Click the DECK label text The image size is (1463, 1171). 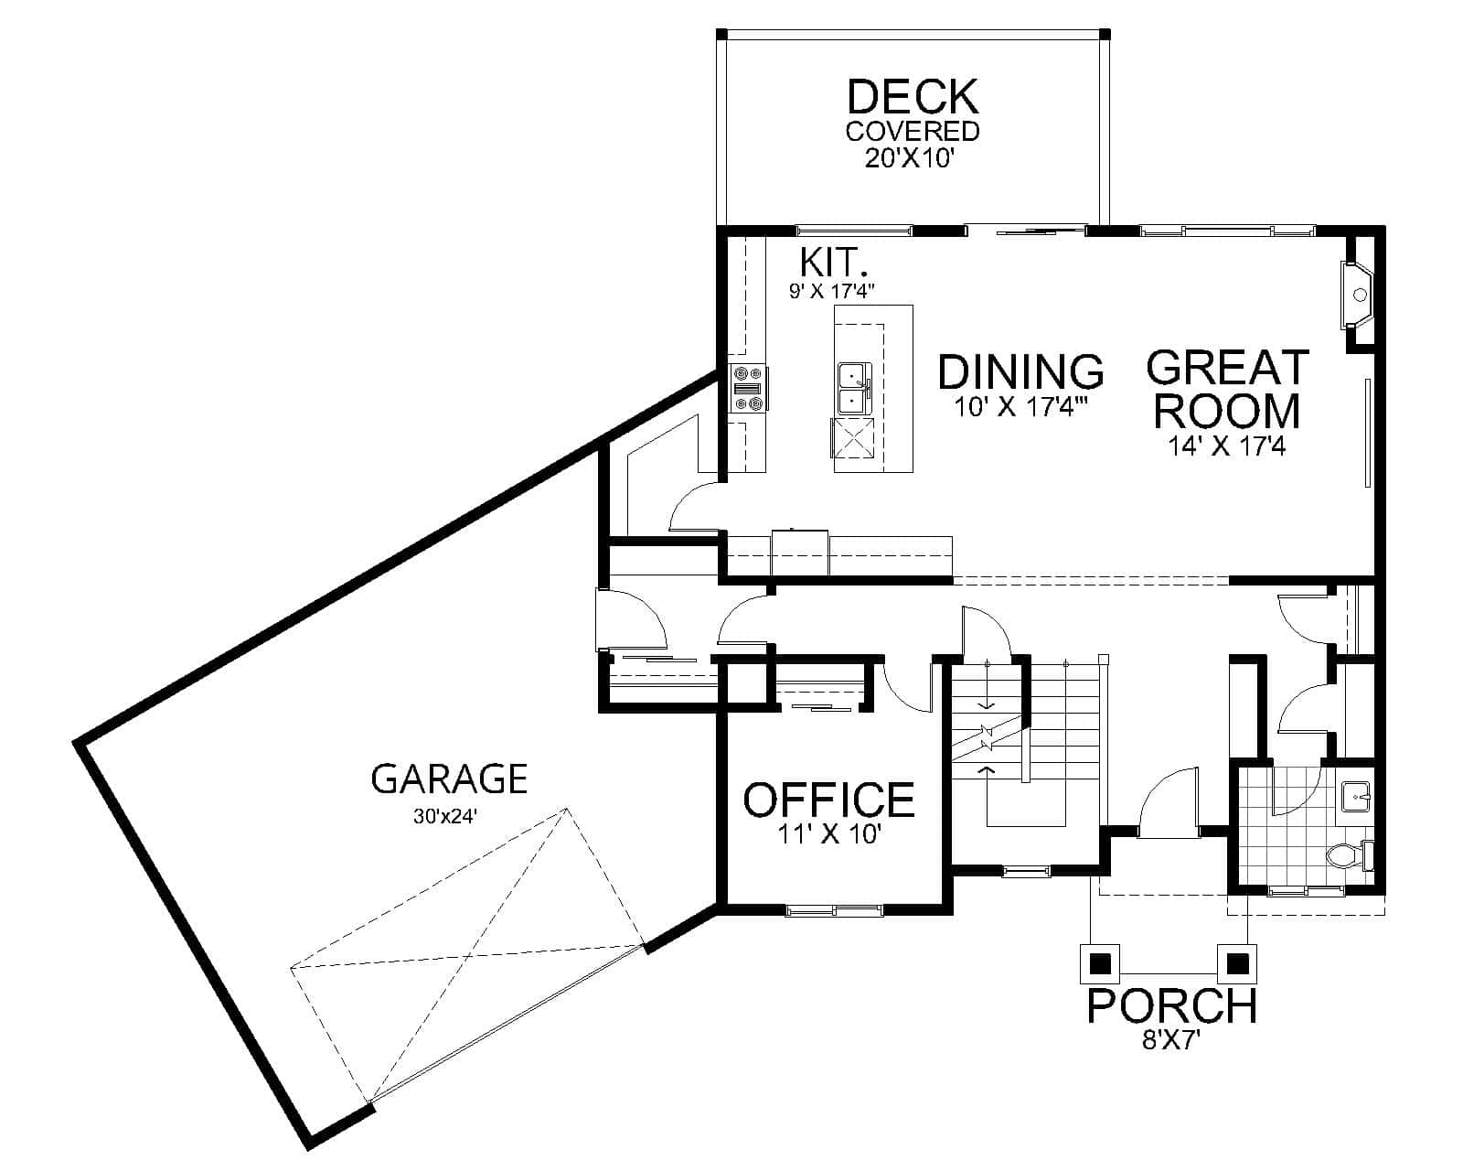pos(913,97)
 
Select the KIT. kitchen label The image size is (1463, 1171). pos(833,263)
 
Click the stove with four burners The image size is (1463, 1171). pos(748,388)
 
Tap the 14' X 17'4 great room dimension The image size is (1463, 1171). pos(1225,446)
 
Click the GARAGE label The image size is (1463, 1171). pos(449,779)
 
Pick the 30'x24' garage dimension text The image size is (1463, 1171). pos(446,817)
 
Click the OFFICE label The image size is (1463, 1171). pos(828,800)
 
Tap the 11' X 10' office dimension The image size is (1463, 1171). pos(828,834)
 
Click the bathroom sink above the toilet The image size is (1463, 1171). pos(1356,795)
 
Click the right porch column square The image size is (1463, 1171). pos(1237,963)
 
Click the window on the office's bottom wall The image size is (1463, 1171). pos(834,909)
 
